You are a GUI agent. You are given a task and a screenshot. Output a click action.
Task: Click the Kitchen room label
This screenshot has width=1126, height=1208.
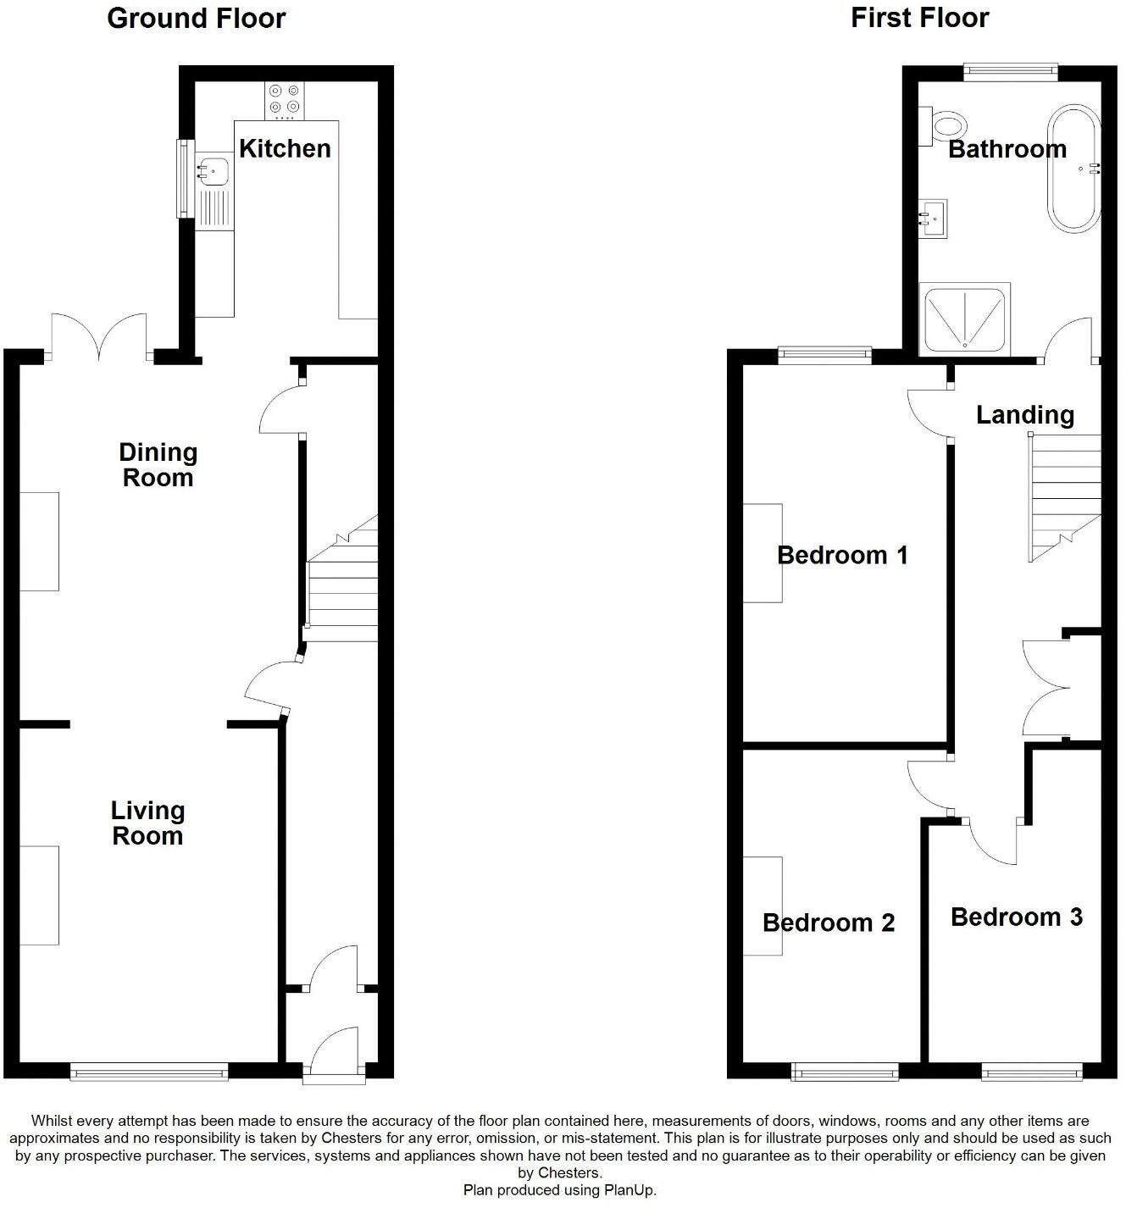[x=285, y=148]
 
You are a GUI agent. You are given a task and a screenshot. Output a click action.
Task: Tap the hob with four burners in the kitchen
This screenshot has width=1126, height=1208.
[x=284, y=99]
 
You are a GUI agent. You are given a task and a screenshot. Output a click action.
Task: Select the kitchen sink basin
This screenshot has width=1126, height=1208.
[x=214, y=172]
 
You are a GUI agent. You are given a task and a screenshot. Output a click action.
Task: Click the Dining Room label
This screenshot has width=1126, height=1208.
[x=158, y=465]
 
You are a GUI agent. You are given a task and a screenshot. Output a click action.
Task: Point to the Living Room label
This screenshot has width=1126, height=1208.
[x=147, y=823]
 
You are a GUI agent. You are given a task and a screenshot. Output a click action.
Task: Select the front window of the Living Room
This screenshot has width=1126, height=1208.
[x=149, y=1072]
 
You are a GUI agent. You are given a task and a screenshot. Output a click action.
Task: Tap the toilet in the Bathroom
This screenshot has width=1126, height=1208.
[x=945, y=126]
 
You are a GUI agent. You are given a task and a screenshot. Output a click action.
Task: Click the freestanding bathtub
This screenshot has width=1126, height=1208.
[x=1074, y=168]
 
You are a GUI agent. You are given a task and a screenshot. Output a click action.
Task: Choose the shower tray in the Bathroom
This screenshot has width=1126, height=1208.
[x=965, y=319]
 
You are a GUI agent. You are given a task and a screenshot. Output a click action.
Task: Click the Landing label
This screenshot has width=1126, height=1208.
[x=1025, y=415]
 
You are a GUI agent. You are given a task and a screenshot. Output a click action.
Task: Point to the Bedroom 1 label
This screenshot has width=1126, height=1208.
[x=842, y=556]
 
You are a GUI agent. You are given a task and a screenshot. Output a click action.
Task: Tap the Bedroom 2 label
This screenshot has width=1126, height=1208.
[x=829, y=923]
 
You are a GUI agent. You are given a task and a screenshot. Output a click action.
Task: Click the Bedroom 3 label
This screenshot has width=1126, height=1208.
[x=1017, y=917]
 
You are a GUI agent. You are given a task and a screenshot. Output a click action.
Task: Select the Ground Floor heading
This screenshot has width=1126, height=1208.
[x=197, y=19]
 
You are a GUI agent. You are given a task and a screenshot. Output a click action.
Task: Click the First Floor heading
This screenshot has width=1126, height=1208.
[x=919, y=18]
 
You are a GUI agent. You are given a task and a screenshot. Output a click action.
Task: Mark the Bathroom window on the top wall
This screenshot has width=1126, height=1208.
[x=1011, y=73]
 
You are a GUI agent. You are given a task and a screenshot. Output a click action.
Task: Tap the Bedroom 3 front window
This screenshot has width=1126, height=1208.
[x=1032, y=1072]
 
